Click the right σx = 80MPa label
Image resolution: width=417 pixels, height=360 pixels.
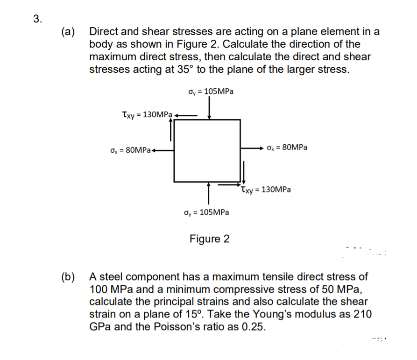287,148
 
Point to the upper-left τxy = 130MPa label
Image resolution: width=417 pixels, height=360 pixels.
146,114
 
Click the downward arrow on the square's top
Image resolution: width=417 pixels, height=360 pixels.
209,110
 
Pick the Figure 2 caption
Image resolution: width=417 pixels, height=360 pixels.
209,239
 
